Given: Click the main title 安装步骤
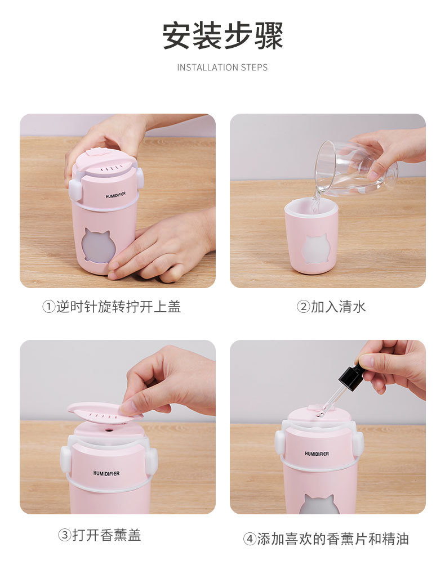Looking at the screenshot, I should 222,36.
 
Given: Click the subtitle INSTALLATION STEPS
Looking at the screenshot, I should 222,68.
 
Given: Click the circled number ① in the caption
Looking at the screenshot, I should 49,307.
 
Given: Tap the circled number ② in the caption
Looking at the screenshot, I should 303,307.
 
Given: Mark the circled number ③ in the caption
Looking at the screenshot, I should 64,535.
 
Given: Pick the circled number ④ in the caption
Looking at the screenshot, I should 250,538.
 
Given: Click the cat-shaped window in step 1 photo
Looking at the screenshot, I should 99,246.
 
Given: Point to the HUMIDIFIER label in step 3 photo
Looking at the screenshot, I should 107,473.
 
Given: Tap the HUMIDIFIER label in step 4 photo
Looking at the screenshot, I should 317,454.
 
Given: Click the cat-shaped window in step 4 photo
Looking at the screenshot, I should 319,505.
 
